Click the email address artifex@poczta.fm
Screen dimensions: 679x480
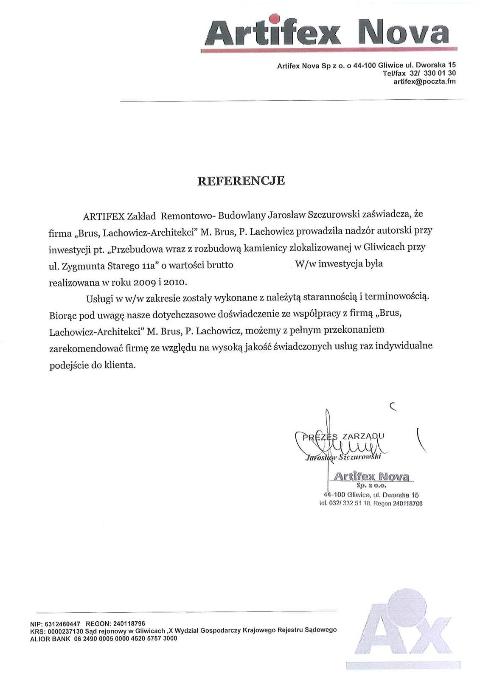[x=424, y=81]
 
